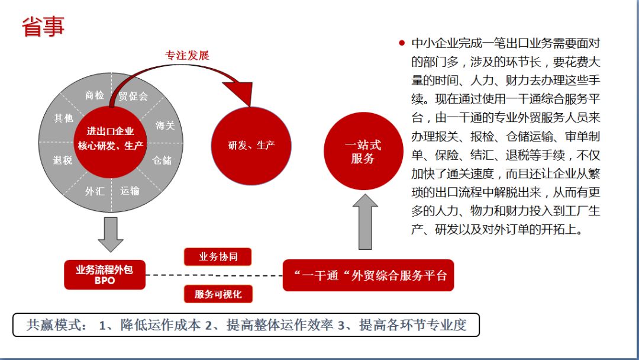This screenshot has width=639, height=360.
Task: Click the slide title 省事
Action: pos(43,26)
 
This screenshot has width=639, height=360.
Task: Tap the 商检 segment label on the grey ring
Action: pos(95,95)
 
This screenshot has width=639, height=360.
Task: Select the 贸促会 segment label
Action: pos(133,96)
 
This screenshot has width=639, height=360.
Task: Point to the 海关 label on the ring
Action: pos(166,126)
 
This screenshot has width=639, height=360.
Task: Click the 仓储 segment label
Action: pos(162,160)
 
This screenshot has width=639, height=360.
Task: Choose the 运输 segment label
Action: pos(130,191)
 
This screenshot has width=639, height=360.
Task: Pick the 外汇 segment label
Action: pos(95,191)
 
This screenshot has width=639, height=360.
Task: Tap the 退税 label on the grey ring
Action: pos(62,160)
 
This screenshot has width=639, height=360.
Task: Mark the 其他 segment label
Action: pos(63,118)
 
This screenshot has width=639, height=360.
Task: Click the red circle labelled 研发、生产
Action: pos(251,146)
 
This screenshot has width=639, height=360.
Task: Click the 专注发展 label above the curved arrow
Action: pos(187,56)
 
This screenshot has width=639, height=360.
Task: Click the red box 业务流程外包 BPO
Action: pos(105,275)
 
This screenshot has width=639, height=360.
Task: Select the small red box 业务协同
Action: pos(217,256)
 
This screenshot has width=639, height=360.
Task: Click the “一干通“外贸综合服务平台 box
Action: pos(368,275)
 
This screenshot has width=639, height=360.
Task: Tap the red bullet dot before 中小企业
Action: pos(402,43)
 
